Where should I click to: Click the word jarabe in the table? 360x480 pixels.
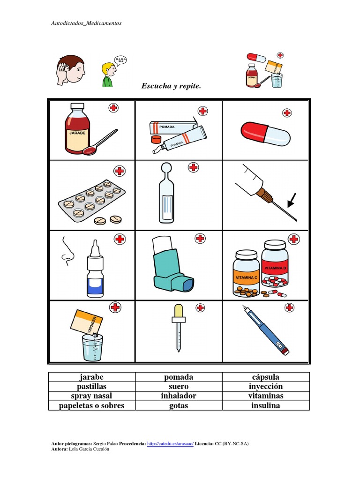pyautogui.click(x=91, y=377)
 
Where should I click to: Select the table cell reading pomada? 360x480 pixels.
pyautogui.click(x=179, y=377)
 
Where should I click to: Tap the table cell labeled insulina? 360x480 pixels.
pyautogui.click(x=265, y=405)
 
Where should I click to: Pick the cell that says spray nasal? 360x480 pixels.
pyautogui.click(x=91, y=396)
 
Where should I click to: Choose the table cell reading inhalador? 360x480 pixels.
pyautogui.click(x=179, y=396)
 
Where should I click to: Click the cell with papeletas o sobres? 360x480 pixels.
pyautogui.click(x=91, y=405)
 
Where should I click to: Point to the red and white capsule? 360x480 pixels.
pyautogui.click(x=265, y=133)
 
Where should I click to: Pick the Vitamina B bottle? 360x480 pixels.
pyautogui.click(x=275, y=262)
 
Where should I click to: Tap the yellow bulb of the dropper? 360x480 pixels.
pyautogui.click(x=178, y=310)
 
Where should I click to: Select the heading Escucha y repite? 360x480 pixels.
pyautogui.click(x=171, y=86)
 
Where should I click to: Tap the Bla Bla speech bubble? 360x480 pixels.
pyautogui.click(x=120, y=60)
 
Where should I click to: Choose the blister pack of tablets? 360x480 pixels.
pyautogui.click(x=91, y=198)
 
